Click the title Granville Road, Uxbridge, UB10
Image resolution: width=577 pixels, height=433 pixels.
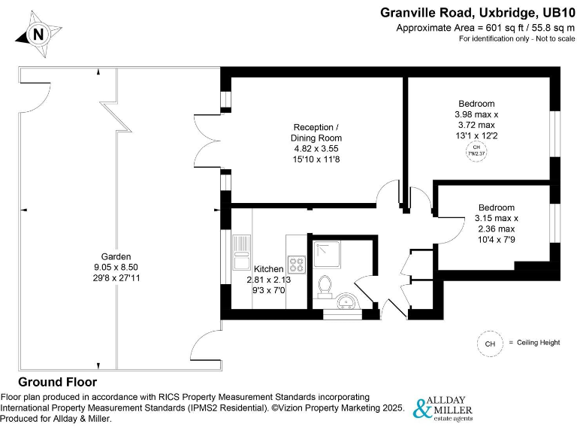click(478, 12)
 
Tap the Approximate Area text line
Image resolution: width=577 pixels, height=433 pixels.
click(485, 28)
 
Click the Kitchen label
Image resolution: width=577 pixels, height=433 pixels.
click(268, 269)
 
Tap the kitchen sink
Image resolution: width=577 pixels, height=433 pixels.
click(242, 252)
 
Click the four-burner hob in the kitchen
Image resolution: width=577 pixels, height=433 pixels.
click(296, 265)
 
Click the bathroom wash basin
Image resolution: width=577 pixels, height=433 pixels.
click(346, 303)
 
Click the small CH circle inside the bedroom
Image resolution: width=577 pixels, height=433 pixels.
click(476, 150)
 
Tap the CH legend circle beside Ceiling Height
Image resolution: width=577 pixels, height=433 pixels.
click(490, 344)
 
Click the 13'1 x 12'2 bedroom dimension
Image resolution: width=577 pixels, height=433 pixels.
click(476, 135)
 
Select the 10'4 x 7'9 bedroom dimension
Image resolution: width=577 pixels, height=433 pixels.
click(496, 240)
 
